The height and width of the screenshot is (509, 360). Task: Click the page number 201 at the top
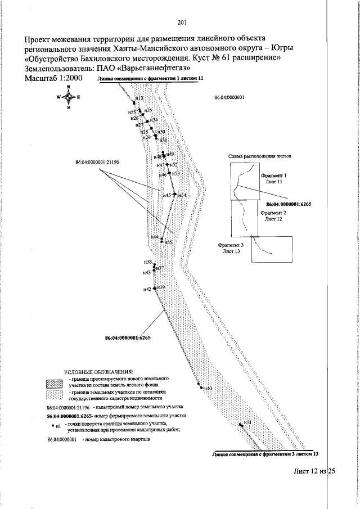pyautogui.click(x=181, y=23)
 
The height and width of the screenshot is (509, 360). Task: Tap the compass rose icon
pyautogui.click(x=68, y=97)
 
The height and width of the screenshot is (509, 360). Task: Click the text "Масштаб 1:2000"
pyautogui.click(x=53, y=78)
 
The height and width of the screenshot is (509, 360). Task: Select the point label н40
pyautogui.click(x=208, y=389)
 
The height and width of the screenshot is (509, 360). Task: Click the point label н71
pyautogui.click(x=247, y=422)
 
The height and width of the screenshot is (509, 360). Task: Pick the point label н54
pyautogui.click(x=182, y=195)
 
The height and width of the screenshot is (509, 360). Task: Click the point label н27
pyautogui.click(x=140, y=125)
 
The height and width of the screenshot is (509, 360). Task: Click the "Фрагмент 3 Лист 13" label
pyautogui.click(x=232, y=249)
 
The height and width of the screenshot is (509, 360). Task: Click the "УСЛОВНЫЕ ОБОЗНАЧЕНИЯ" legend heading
pyautogui.click(x=99, y=372)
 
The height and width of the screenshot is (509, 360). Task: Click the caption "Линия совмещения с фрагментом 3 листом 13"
pyautogui.click(x=266, y=453)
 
